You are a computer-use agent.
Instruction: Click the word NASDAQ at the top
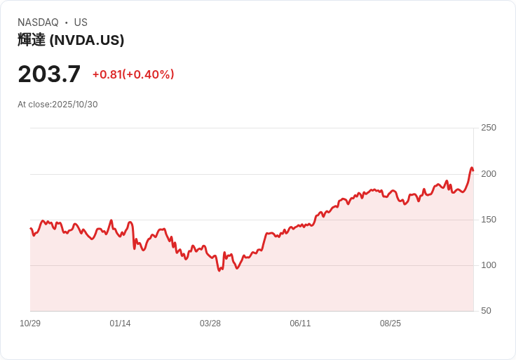[38, 22]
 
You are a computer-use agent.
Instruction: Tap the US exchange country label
[81, 22]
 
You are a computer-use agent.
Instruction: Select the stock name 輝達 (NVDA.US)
[71, 40]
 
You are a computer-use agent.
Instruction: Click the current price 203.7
[49, 74]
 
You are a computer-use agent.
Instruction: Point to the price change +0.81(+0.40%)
[133, 74]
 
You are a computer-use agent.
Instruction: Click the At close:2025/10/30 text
[57, 105]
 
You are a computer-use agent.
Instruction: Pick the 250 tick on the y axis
[489, 128]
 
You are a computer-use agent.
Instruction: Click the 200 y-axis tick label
[489, 174]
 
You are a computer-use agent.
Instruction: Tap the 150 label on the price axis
[489, 220]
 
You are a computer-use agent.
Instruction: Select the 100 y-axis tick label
[489, 265]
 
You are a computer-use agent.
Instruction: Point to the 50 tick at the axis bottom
[486, 311]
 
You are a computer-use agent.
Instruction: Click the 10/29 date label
[30, 324]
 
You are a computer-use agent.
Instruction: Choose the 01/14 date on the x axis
[120, 324]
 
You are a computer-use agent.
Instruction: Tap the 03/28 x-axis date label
[210, 324]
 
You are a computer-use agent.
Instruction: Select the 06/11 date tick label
[300, 324]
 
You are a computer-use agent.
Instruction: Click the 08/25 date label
[391, 324]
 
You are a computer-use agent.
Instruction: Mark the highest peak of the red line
[472, 168]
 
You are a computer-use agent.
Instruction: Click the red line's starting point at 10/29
[31, 228]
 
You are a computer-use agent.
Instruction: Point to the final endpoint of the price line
[473, 171]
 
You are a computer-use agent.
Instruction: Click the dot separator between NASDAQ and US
[66, 22]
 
